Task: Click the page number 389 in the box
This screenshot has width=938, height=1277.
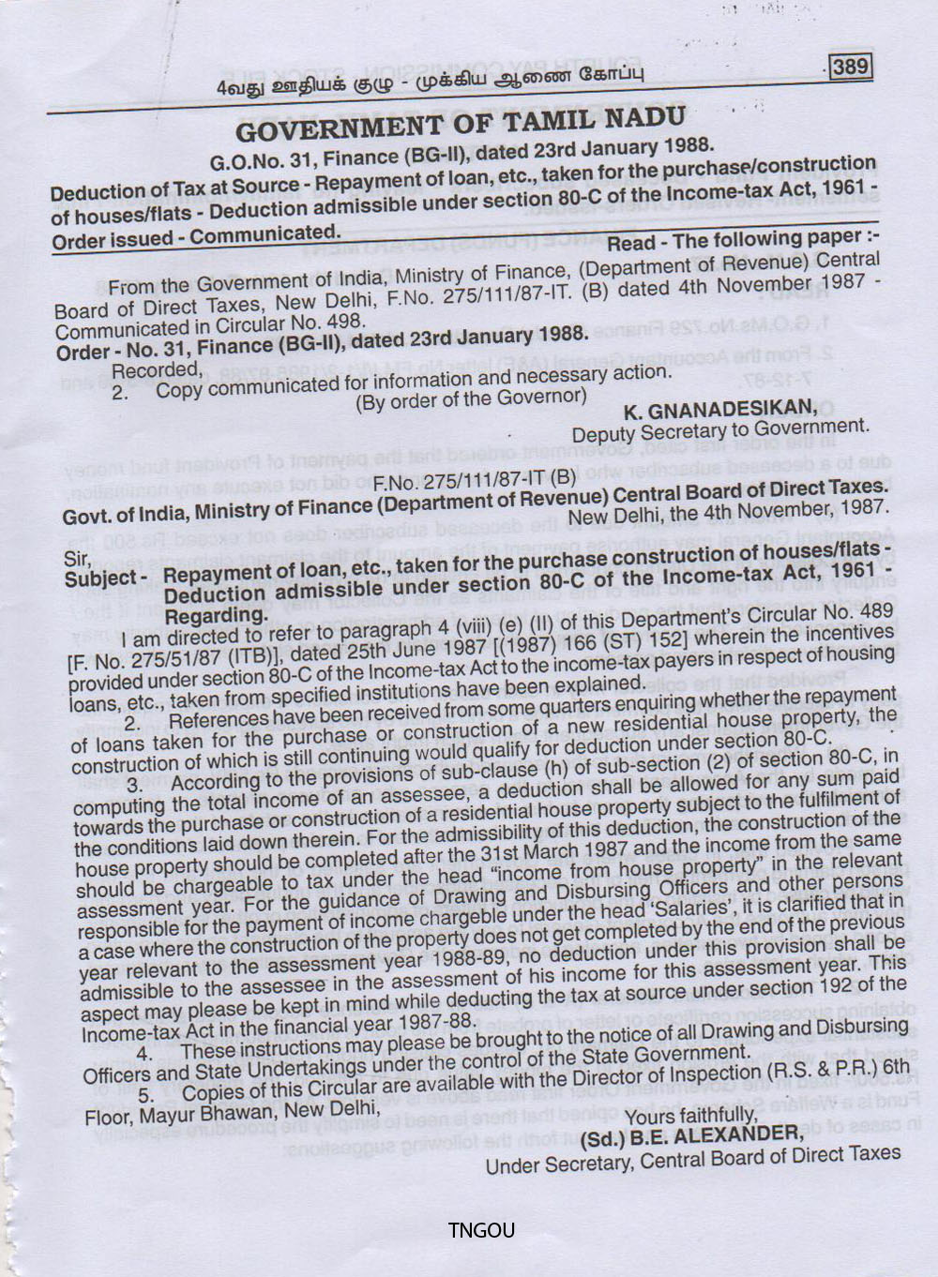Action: tap(850, 67)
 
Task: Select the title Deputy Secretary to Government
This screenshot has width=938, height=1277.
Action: tap(720, 430)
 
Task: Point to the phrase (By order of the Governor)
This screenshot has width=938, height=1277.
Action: tap(471, 398)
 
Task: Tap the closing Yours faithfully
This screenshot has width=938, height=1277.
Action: tap(690, 1115)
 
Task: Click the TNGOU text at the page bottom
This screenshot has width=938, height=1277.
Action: tap(481, 1230)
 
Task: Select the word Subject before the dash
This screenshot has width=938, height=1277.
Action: tap(99, 578)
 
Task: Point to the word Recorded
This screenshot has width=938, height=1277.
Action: tap(150, 370)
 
